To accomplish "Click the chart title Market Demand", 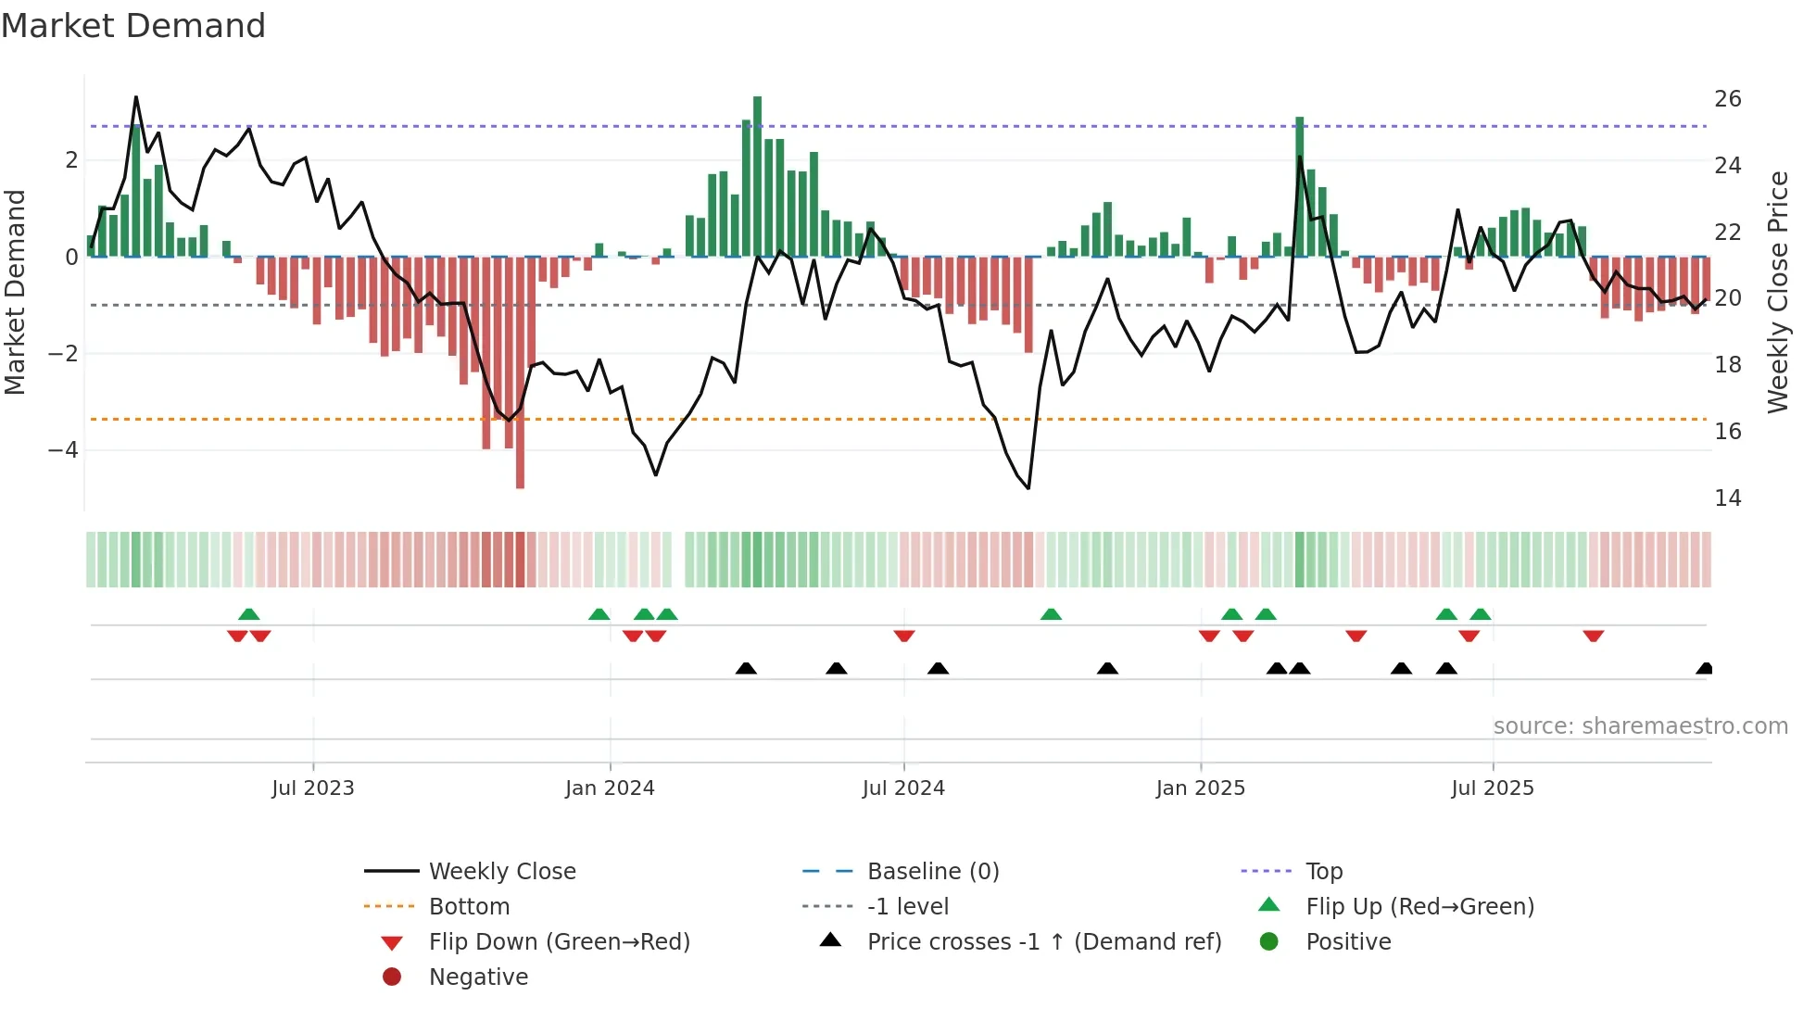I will (133, 26).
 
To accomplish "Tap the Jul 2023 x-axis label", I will (313, 788).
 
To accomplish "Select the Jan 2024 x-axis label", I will (610, 788).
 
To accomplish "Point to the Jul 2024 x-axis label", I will (903, 788).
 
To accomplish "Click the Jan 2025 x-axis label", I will (1201, 788).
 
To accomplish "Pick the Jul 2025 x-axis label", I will (1493, 788).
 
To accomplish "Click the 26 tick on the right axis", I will (1728, 99).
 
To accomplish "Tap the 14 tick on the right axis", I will (1728, 498).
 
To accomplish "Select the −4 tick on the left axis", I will (63, 450).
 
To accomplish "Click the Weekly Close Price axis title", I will (1777, 292).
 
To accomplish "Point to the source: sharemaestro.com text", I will (1640, 726).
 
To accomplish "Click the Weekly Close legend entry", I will (501, 872).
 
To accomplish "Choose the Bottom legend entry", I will (469, 907).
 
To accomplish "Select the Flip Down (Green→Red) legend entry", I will (559, 942).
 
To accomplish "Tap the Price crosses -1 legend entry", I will (1043, 942).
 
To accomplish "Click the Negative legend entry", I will (478, 977).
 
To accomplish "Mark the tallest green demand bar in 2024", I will (757, 176).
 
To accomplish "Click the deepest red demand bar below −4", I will (520, 371).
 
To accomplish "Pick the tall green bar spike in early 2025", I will (1300, 185).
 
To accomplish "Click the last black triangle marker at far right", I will (1704, 669).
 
